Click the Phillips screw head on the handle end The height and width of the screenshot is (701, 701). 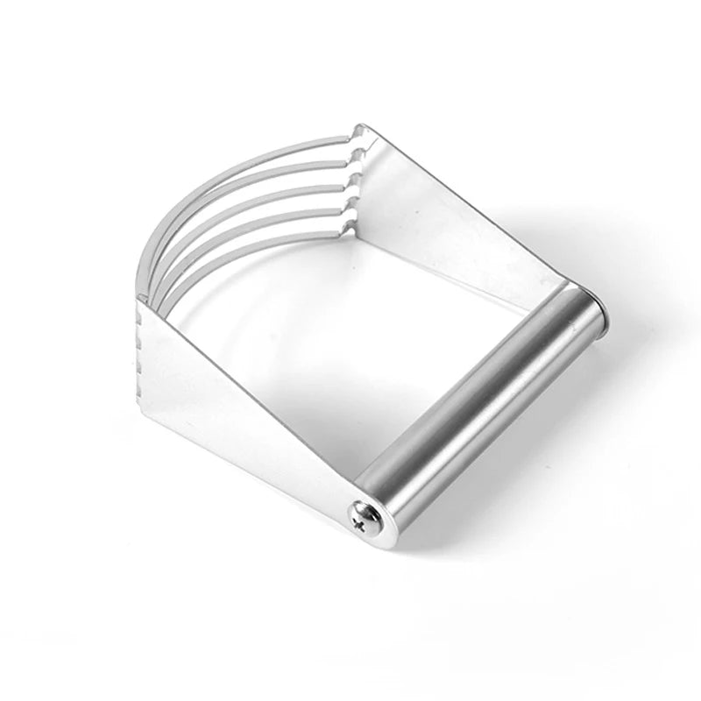pyautogui.click(x=362, y=514)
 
